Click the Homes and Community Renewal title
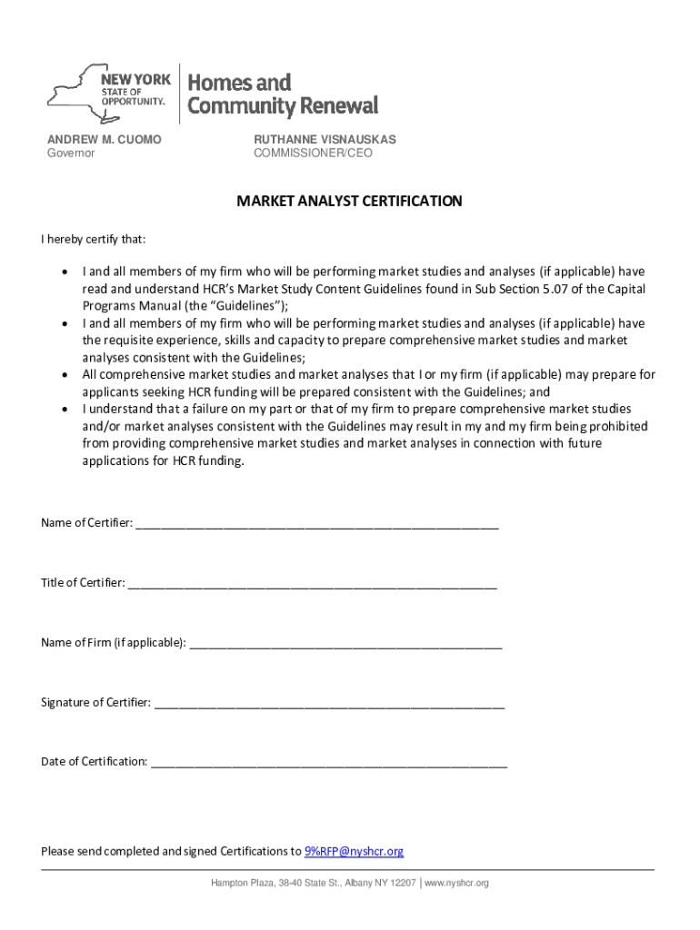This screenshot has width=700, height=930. [x=282, y=94]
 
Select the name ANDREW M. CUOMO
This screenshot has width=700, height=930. [x=105, y=139]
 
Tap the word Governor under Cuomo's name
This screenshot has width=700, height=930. [x=71, y=153]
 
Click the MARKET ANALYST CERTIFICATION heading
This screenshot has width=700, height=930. [x=349, y=202]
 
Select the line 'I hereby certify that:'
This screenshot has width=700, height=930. [x=94, y=240]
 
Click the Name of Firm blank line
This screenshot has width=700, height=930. [x=345, y=643]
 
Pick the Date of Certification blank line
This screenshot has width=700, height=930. [x=328, y=762]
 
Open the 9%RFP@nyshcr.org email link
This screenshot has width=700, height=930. [x=354, y=851]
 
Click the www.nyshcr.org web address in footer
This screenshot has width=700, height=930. [x=457, y=883]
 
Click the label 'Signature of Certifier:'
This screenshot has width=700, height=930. [x=95, y=703]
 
